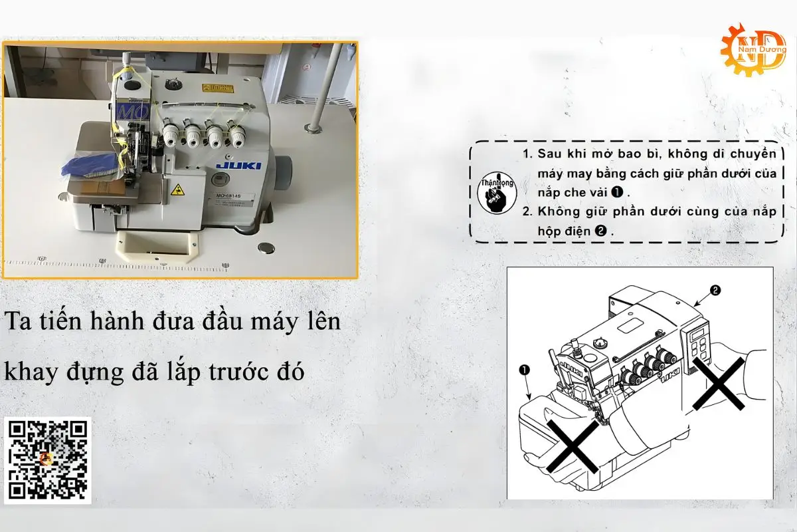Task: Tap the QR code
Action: click(x=48, y=460)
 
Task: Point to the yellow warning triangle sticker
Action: click(x=177, y=191)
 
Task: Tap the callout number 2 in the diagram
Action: click(x=715, y=290)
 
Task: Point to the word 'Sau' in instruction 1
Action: click(x=550, y=154)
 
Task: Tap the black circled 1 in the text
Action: click(x=616, y=192)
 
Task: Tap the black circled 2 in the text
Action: click(x=600, y=231)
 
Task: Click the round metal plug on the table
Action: click(x=268, y=247)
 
